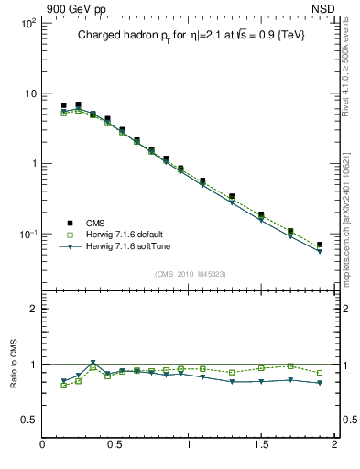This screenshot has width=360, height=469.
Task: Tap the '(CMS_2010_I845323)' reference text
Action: pyautogui.click(x=190, y=274)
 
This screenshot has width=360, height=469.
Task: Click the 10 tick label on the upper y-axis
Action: pyautogui.click(x=29, y=93)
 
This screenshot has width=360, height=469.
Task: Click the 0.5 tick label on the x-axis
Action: pyautogui.click(x=115, y=445)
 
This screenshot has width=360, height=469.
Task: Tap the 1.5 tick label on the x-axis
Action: pyautogui.click(x=261, y=445)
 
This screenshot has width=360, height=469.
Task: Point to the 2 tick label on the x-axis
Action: pyautogui.click(x=333, y=445)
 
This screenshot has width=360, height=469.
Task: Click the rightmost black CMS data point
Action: pyautogui.click(x=320, y=245)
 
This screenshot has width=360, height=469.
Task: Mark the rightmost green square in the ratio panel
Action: pyautogui.click(x=320, y=373)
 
